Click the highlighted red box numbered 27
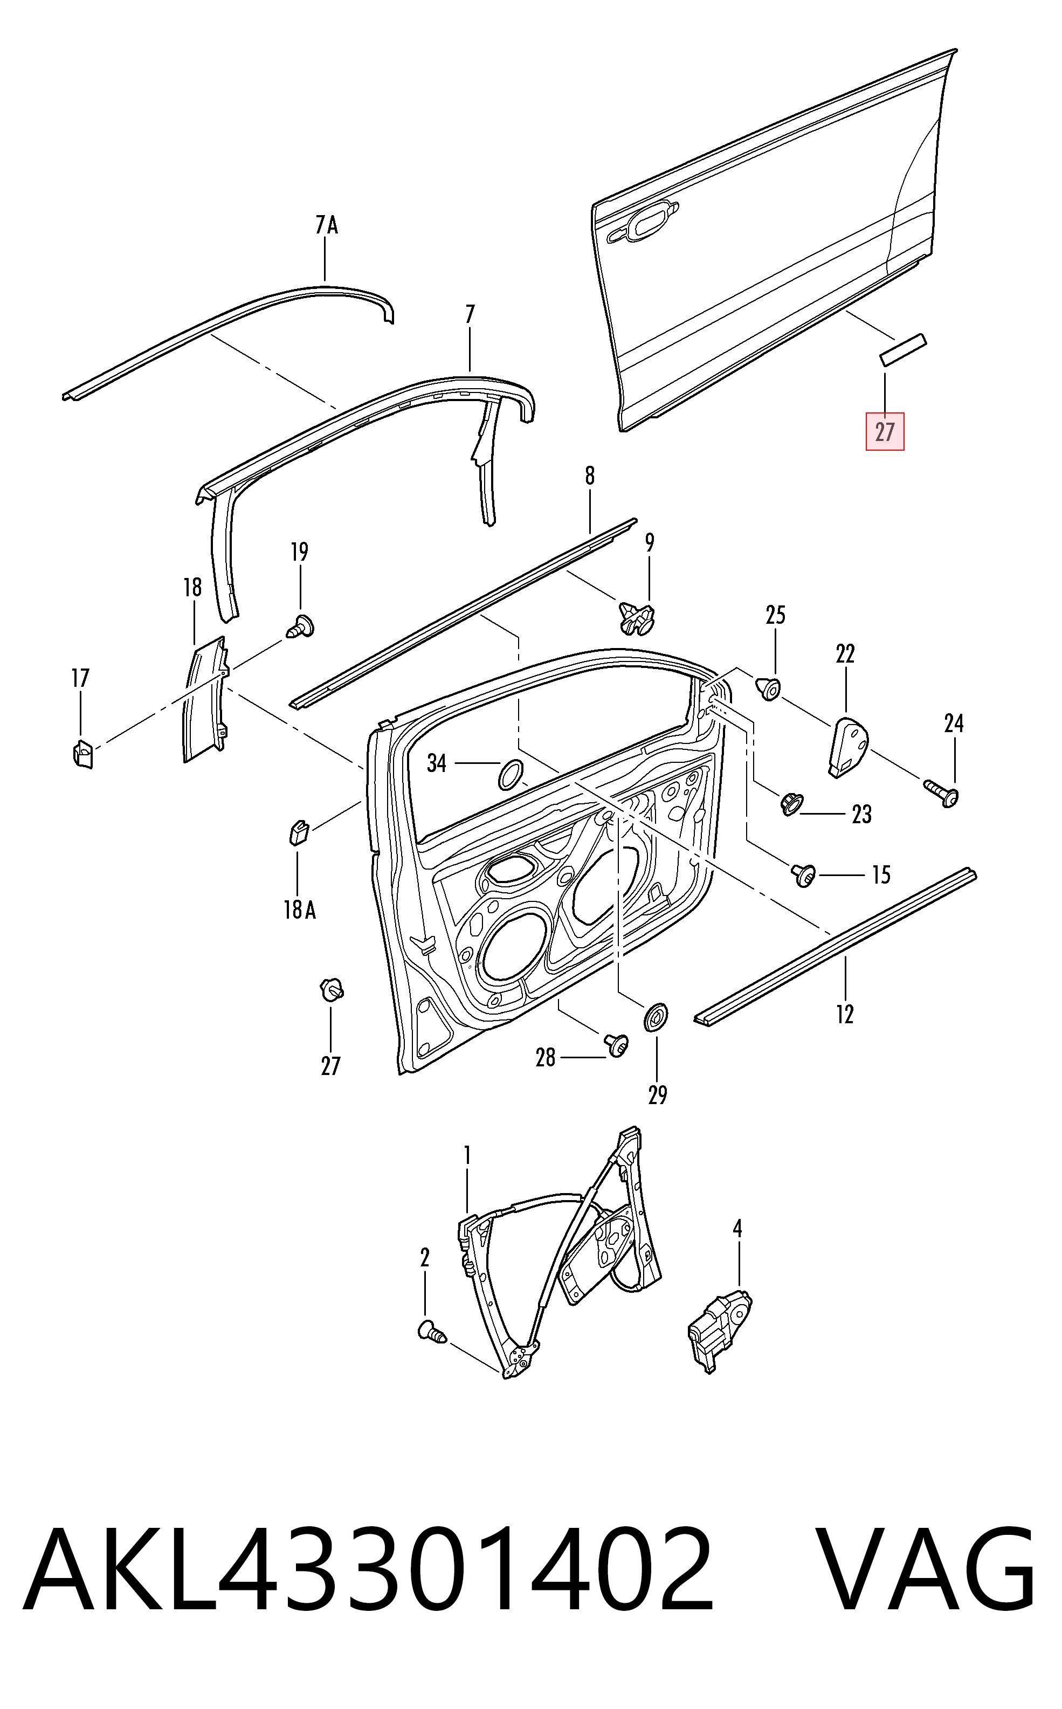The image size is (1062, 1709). [x=884, y=431]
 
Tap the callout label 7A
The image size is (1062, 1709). [x=326, y=225]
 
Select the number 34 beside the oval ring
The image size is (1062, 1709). [x=437, y=763]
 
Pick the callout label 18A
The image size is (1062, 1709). [x=299, y=911]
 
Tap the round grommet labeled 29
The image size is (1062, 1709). [x=656, y=1016]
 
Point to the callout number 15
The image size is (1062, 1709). [x=881, y=875]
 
